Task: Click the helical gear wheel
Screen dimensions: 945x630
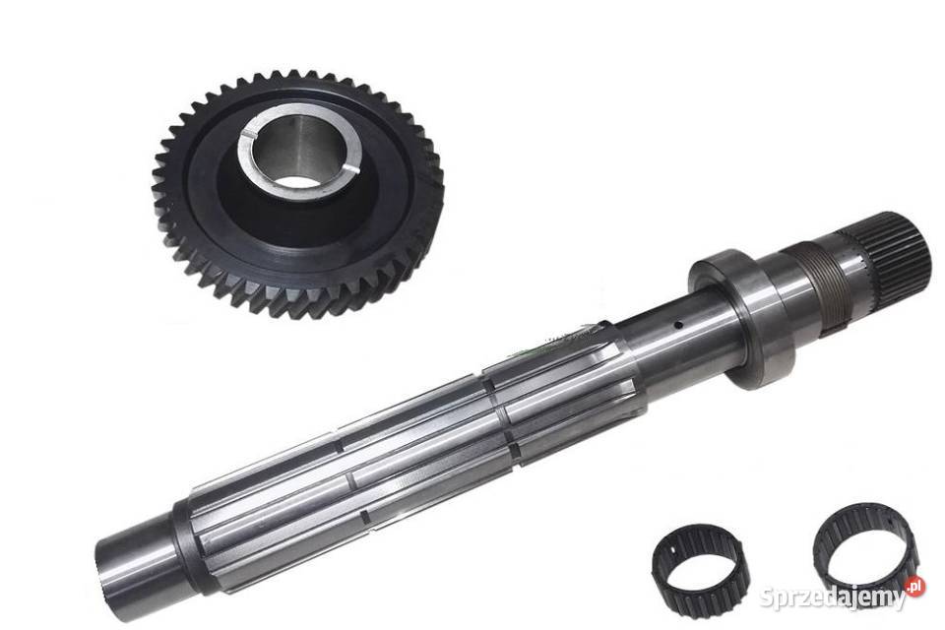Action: click(298, 194)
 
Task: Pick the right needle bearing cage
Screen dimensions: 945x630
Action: click(865, 552)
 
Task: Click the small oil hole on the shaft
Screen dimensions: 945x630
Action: click(678, 326)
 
